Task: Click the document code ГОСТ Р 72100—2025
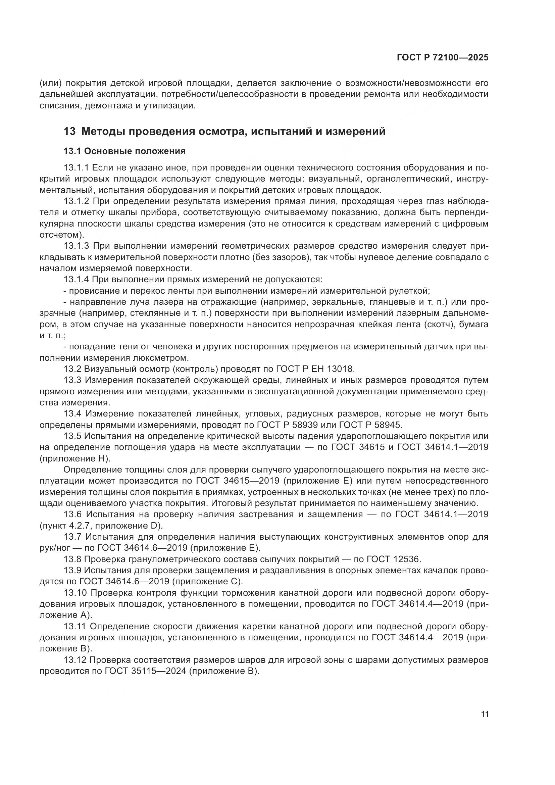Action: tap(443, 58)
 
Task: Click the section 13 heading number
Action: tap(69, 131)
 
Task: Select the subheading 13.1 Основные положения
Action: tap(124, 151)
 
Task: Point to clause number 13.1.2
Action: tap(76, 201)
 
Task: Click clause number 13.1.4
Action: tap(76, 280)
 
